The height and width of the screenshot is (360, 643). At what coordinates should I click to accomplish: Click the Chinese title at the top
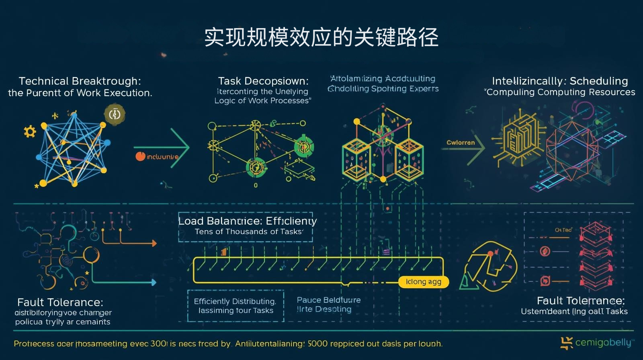tap(321, 37)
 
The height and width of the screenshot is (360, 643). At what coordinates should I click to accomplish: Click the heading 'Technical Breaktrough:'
tap(80, 81)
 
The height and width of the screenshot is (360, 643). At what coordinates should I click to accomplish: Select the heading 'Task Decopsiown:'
tap(263, 81)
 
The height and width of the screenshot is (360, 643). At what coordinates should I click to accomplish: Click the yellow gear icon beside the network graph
tap(30, 131)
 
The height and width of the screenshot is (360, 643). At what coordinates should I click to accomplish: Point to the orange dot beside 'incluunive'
tap(140, 156)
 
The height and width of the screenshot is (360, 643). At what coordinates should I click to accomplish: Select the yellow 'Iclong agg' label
tap(423, 282)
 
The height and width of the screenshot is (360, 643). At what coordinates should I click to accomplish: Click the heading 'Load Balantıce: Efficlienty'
tap(247, 221)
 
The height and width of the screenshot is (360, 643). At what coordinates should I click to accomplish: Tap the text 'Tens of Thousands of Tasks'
tap(248, 232)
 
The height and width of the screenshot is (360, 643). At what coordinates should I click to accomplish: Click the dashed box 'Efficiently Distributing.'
tap(235, 306)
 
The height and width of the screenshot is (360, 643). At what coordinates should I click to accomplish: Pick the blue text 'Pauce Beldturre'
tap(328, 300)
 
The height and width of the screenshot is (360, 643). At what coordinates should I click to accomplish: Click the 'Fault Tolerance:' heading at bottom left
tap(60, 302)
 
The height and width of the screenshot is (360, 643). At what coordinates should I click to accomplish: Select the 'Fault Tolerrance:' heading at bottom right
tap(580, 301)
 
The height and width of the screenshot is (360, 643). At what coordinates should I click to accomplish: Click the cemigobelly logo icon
tap(567, 343)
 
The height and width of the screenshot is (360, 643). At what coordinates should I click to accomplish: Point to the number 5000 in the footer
tap(317, 344)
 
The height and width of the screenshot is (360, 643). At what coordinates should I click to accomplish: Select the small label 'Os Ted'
tap(563, 230)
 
